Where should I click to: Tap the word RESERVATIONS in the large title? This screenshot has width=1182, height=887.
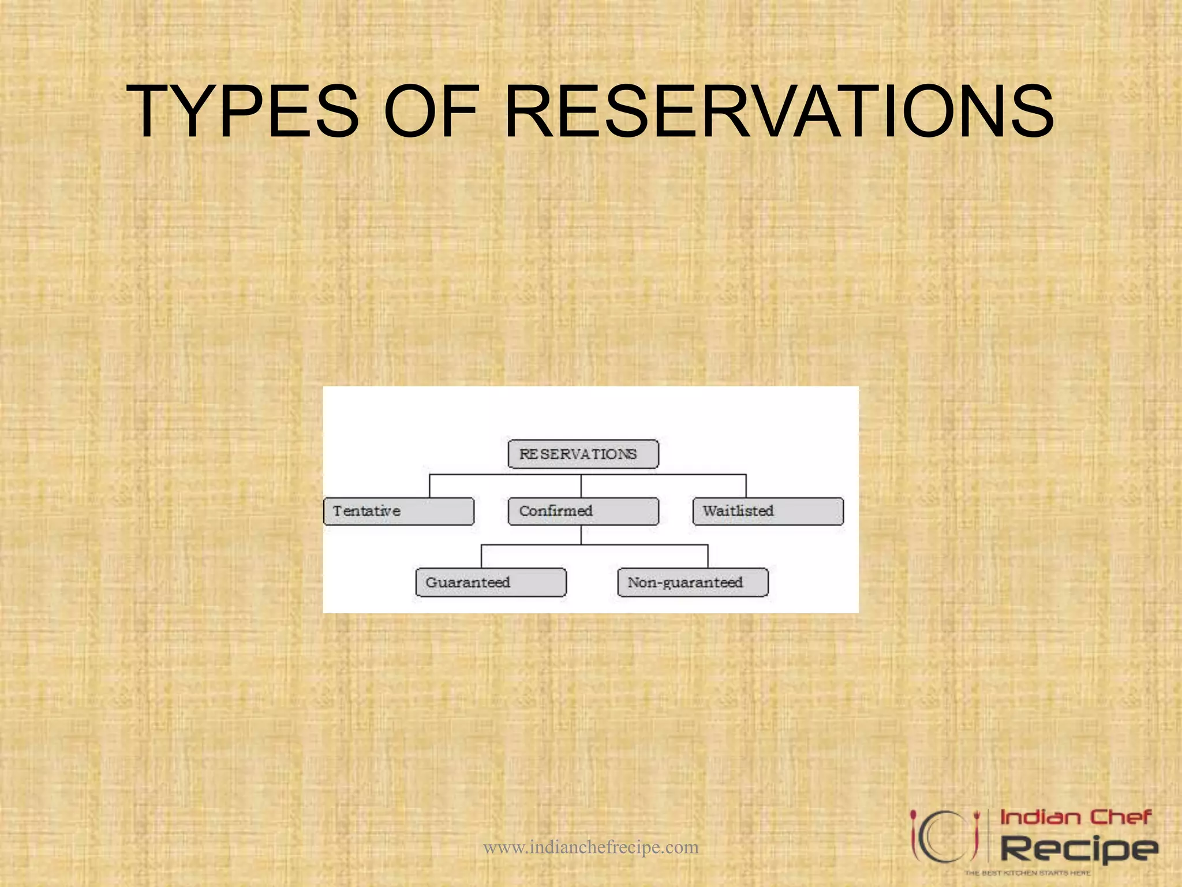779,111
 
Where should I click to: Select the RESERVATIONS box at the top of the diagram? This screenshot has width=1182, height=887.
583,454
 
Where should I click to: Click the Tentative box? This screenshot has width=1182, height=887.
399,511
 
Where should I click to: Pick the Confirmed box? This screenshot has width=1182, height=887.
583,511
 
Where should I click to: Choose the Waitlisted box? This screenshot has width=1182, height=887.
768,511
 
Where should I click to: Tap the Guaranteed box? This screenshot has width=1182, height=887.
491,582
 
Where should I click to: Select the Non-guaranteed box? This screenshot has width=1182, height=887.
693,582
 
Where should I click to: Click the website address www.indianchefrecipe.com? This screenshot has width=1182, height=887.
590,847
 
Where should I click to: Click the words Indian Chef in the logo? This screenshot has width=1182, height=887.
1075,817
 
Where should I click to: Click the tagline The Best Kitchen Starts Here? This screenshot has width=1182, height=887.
1027,873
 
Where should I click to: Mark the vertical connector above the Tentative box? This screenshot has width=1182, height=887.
429,486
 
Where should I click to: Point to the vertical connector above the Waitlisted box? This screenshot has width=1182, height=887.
746,486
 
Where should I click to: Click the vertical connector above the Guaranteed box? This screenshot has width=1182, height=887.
481,556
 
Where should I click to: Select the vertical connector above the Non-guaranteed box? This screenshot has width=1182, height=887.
708,556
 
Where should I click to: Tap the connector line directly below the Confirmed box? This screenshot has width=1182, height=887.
581,535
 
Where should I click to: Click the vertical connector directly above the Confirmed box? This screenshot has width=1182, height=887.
581,486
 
